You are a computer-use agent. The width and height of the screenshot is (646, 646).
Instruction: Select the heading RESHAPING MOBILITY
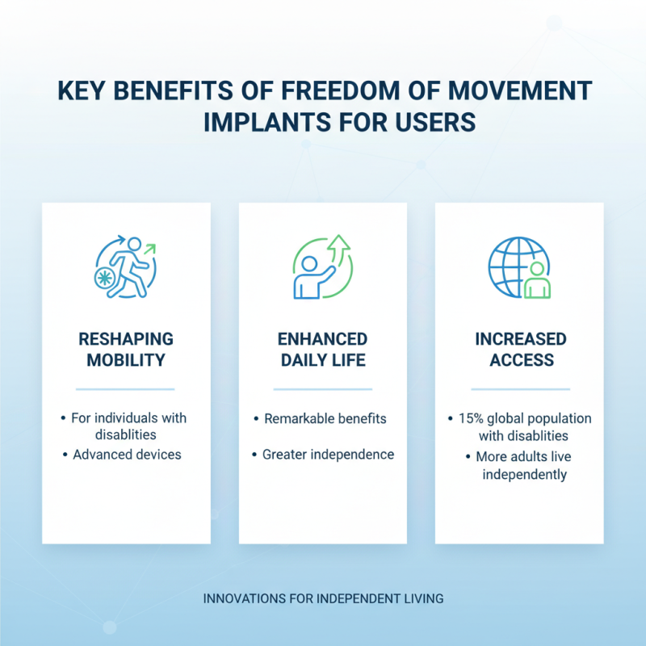coord(126,348)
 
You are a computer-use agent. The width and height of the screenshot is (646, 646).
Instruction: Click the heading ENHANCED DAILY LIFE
coord(323,348)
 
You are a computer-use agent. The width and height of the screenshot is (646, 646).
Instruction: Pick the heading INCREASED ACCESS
coord(520,348)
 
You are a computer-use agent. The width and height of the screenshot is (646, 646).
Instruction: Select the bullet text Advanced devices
coord(127,454)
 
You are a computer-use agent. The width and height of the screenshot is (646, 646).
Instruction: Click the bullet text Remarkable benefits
coord(325,418)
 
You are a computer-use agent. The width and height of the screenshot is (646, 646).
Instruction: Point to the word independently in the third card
coord(525,474)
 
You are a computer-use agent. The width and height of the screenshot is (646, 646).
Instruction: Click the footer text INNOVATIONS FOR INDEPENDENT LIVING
coord(323,599)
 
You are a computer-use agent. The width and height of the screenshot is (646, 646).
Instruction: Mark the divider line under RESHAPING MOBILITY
coord(125,389)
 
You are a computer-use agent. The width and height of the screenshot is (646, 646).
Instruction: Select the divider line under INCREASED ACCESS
coord(520,389)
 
